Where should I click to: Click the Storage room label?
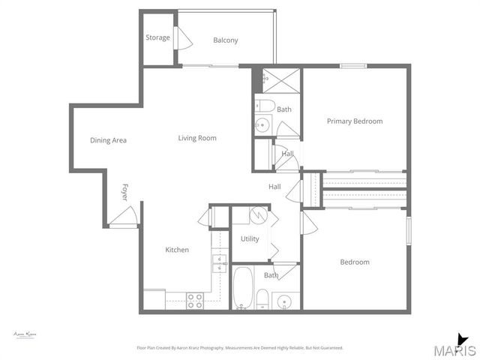(x=157, y=37)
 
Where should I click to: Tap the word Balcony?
(x=225, y=40)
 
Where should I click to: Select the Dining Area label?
(x=108, y=140)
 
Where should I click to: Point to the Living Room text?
(x=197, y=138)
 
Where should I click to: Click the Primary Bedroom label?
(x=354, y=121)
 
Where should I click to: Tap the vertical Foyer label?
(x=125, y=192)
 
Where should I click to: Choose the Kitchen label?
(x=177, y=250)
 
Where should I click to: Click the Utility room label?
(x=250, y=239)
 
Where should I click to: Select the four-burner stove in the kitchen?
(x=195, y=300)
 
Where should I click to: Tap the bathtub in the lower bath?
(x=242, y=289)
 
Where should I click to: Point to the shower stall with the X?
(x=280, y=79)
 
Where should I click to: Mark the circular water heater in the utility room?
(x=256, y=215)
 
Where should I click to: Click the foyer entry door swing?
(x=122, y=217)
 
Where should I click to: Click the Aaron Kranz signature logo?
(x=25, y=334)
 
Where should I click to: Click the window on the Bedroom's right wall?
(x=409, y=230)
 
